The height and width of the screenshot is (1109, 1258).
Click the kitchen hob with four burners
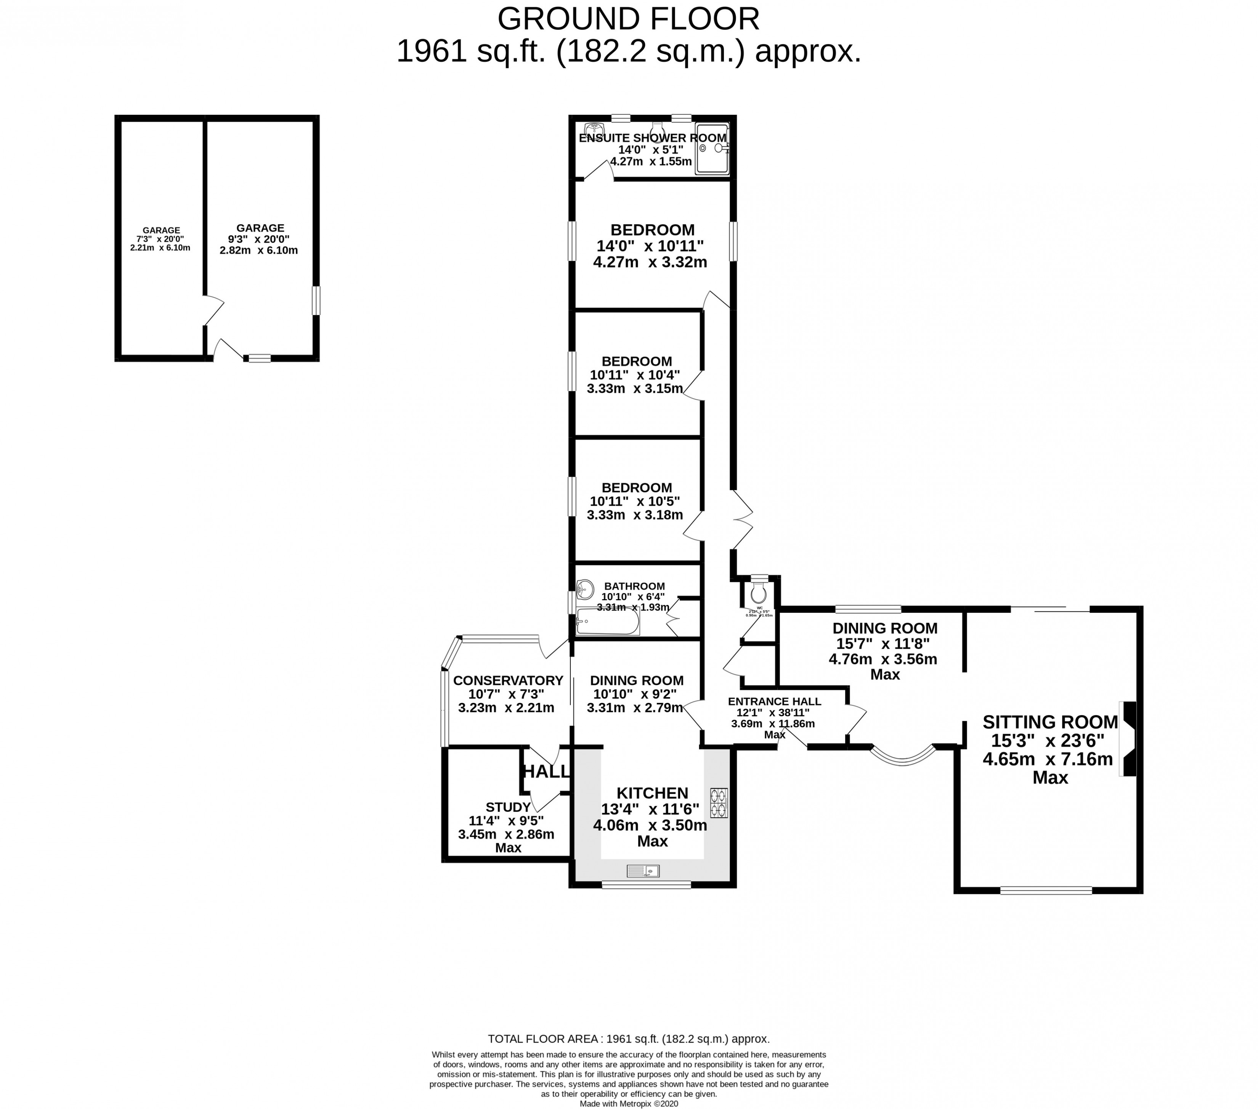[719, 803]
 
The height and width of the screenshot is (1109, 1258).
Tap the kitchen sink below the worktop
[643, 871]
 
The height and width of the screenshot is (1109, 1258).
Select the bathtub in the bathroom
[607, 622]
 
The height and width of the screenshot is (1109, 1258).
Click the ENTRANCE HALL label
[774, 701]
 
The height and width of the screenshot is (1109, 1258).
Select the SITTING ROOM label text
[1050, 722]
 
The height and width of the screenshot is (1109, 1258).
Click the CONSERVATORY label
[508, 680]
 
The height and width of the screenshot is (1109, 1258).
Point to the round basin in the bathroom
[585, 589]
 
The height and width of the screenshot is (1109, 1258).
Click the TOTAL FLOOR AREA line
[628, 1039]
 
